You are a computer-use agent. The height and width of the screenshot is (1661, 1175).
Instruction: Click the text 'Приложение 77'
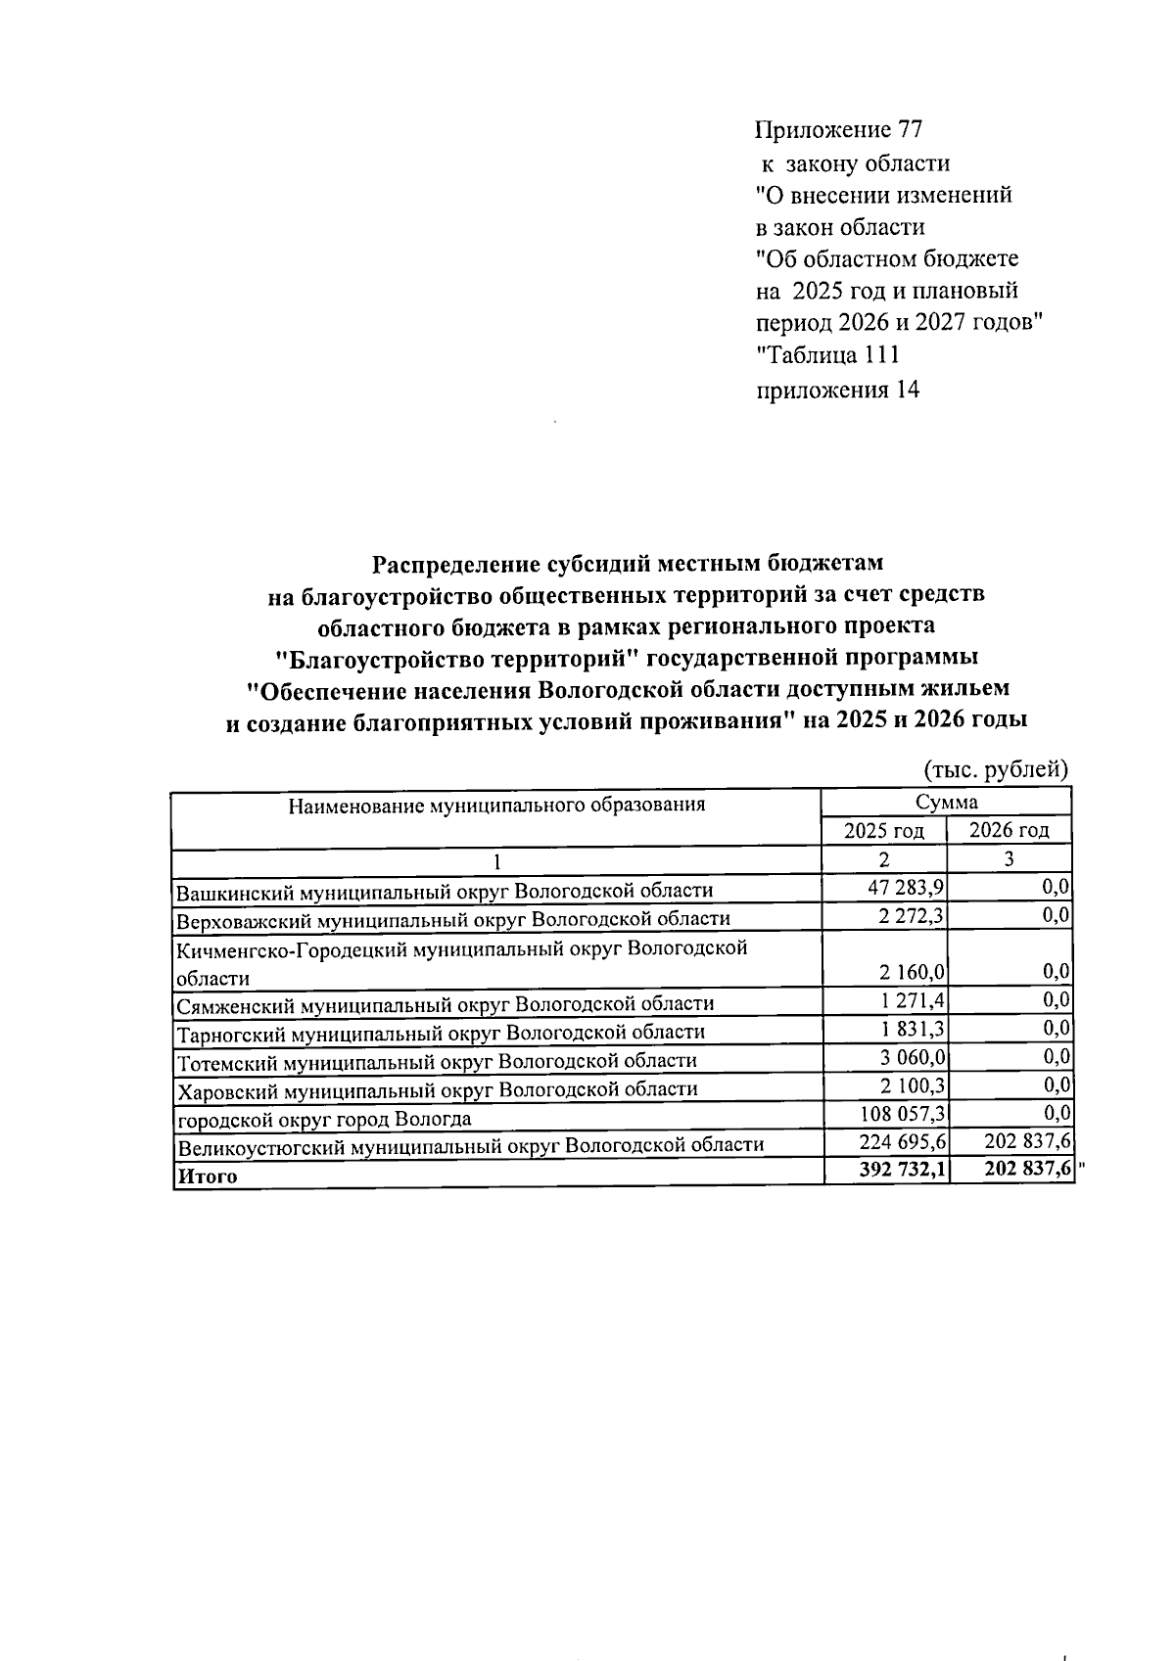[839, 130]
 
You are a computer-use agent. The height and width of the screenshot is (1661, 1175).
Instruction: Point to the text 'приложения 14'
[838, 390]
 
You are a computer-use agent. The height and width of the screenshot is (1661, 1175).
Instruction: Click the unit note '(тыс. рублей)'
[996, 769]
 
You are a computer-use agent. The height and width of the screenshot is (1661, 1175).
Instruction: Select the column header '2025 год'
[884, 831]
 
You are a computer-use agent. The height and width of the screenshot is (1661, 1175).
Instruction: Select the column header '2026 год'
[1009, 831]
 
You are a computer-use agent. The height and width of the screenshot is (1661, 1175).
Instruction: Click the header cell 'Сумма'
[946, 803]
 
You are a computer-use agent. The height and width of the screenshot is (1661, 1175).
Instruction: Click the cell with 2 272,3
[908, 916]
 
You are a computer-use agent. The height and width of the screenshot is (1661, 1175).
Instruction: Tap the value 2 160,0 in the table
[908, 973]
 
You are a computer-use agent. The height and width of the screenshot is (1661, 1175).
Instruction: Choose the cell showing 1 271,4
[908, 1000]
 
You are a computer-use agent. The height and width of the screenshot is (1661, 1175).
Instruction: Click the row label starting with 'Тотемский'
[437, 1061]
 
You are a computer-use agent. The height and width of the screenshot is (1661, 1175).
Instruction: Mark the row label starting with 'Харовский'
[437, 1089]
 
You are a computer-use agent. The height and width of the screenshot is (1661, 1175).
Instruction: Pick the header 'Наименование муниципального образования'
[496, 806]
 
